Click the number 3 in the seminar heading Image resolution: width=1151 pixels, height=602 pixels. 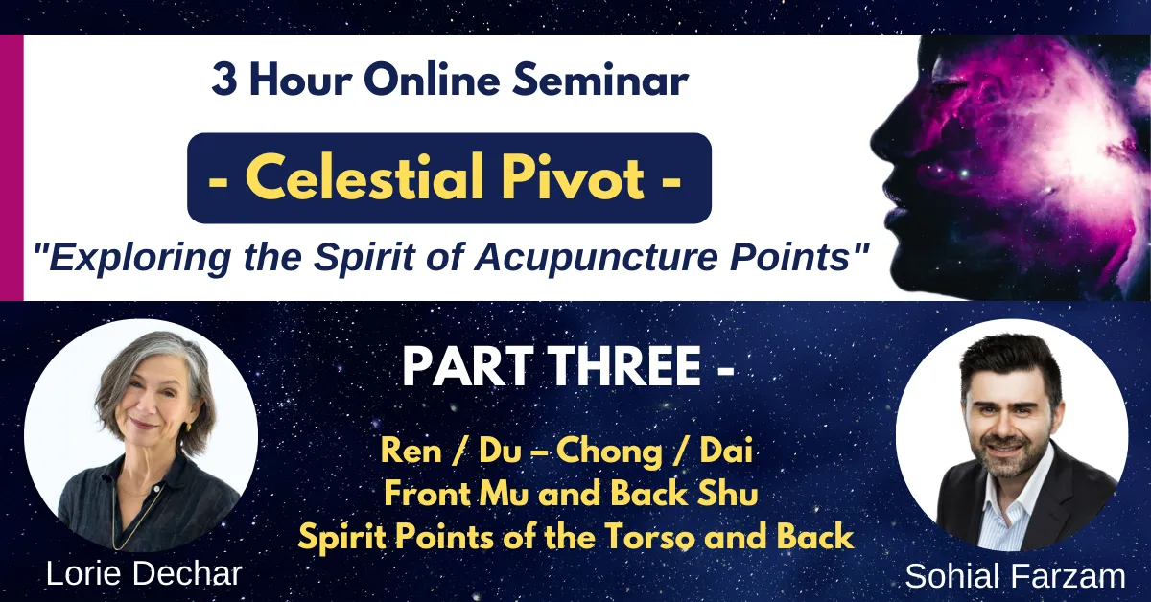225,81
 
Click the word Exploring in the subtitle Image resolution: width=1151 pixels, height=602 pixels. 139,257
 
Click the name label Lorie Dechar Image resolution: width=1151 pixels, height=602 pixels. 144,574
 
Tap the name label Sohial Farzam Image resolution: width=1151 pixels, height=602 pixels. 1016,576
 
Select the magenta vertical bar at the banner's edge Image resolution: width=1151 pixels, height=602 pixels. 12,168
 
